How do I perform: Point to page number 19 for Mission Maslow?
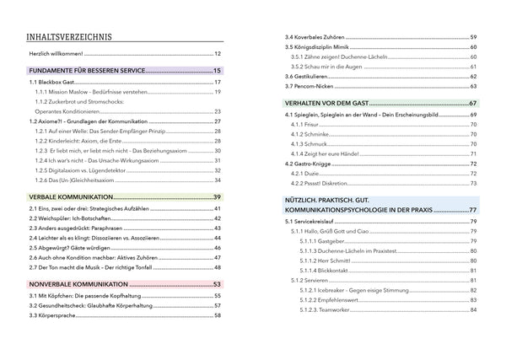coord(218,92)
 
